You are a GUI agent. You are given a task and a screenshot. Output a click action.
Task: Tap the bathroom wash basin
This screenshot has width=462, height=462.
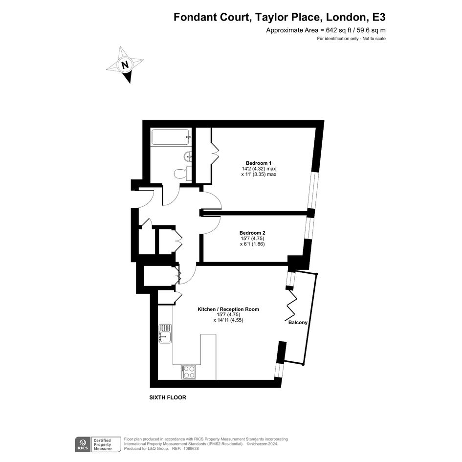click(187, 156)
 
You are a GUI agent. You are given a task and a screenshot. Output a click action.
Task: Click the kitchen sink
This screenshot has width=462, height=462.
click(165, 333)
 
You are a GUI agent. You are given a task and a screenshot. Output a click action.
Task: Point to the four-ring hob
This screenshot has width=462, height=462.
click(189, 372)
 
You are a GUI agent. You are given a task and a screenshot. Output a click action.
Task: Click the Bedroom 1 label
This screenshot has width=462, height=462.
click(259, 163)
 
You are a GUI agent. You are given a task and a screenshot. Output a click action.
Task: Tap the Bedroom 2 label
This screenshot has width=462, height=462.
click(252, 233)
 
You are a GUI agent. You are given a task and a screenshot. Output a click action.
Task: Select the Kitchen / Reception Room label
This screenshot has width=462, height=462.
click(228, 309)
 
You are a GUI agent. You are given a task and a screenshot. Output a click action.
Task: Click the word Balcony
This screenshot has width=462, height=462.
click(298, 323)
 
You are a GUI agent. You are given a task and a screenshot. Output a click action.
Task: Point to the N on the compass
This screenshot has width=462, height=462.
click(125, 65)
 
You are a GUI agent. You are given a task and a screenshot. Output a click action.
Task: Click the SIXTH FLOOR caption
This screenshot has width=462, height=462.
click(168, 397)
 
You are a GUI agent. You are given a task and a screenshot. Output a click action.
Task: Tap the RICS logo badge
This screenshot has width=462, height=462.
click(83, 444)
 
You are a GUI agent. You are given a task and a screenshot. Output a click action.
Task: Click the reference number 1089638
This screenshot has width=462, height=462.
click(191, 449)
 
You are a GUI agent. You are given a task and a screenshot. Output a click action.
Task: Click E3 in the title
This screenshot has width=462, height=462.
click(379, 17)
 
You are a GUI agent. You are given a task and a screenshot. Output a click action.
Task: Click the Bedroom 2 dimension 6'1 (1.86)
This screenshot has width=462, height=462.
click(252, 244)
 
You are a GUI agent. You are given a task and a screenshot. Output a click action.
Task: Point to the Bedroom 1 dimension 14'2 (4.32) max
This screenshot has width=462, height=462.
click(259, 169)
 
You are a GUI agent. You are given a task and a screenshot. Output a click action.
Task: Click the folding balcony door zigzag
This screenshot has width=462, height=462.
click(291, 306)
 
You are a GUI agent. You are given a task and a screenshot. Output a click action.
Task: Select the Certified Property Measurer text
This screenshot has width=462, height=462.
click(103, 444)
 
